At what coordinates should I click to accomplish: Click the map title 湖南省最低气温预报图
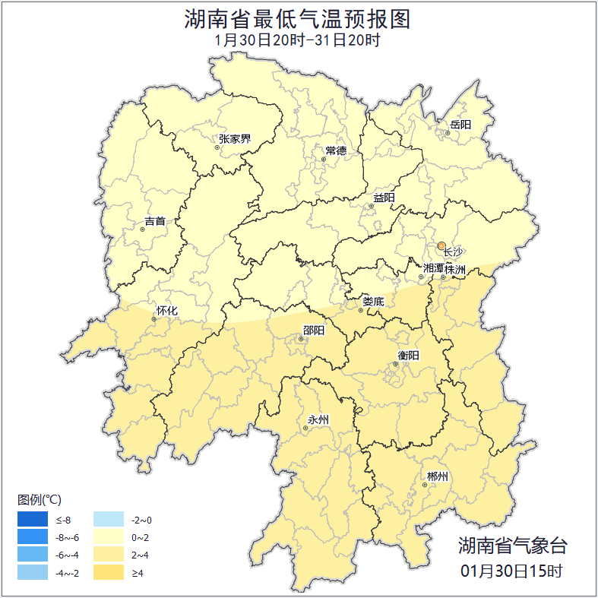298,19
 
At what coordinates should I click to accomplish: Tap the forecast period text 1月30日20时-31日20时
298,40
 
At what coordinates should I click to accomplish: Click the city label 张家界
235,139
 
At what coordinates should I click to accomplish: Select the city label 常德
336,150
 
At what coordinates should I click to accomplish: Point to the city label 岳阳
460,125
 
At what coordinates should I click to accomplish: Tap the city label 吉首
155,222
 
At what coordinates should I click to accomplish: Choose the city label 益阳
384,198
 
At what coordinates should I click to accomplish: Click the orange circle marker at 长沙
441,245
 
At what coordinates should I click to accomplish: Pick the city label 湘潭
433,268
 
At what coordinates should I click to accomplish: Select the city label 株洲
455,269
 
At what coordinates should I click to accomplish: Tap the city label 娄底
373,302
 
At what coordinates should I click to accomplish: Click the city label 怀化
166,311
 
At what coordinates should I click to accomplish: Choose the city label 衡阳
408,355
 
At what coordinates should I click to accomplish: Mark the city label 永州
318,419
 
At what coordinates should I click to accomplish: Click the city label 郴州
437,476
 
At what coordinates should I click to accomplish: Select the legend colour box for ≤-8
33,520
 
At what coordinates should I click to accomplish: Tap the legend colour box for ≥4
109,572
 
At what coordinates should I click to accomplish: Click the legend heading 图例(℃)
40,499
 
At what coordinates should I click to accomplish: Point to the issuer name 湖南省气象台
512,545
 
